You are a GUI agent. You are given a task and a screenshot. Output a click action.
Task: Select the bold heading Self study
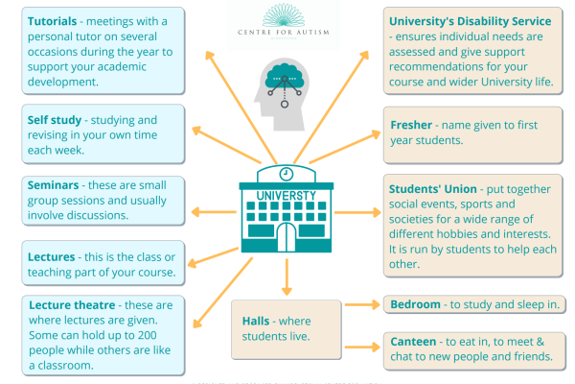pos(46,121)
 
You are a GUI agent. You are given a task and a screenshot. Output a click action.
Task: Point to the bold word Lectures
pos(44,256)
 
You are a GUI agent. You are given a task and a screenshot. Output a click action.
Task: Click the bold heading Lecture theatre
pos(68,303)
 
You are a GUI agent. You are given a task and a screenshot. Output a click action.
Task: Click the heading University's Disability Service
pos(469,20)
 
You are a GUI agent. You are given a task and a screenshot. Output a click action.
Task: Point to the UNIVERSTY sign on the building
pos(286,196)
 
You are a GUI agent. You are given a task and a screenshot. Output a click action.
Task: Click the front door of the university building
pos(286,238)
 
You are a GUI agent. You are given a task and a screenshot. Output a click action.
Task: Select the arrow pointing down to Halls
pos(286,277)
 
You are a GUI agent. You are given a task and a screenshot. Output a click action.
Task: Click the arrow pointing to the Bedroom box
pos(359,305)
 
